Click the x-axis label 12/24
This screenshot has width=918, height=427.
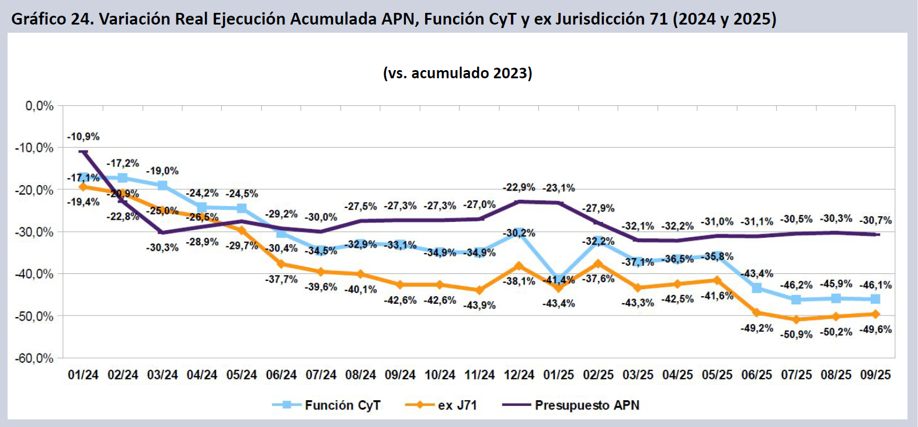coord(519,375)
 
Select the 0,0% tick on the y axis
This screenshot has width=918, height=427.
coord(39,106)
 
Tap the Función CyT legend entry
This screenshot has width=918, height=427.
coord(342,405)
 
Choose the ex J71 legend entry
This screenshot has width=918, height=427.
coord(457,405)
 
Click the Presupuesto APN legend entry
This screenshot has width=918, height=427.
coord(586,405)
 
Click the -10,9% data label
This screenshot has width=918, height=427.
coord(84,137)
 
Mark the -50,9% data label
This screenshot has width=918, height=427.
coord(797,335)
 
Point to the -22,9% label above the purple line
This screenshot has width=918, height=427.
coord(519,188)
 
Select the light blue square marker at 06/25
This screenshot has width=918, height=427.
coord(757,287)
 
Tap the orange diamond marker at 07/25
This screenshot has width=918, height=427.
coord(797,320)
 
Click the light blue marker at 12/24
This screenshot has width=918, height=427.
coord(519,233)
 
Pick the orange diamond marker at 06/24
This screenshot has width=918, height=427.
coord(281,264)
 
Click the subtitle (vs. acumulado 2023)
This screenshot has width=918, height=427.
coord(457,73)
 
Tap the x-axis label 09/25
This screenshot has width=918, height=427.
coord(875,375)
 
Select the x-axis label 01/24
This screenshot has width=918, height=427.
coord(84,375)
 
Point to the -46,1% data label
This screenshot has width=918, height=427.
coord(875,285)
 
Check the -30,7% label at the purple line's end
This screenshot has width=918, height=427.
coord(875,220)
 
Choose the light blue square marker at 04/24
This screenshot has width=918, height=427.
coord(202,207)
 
